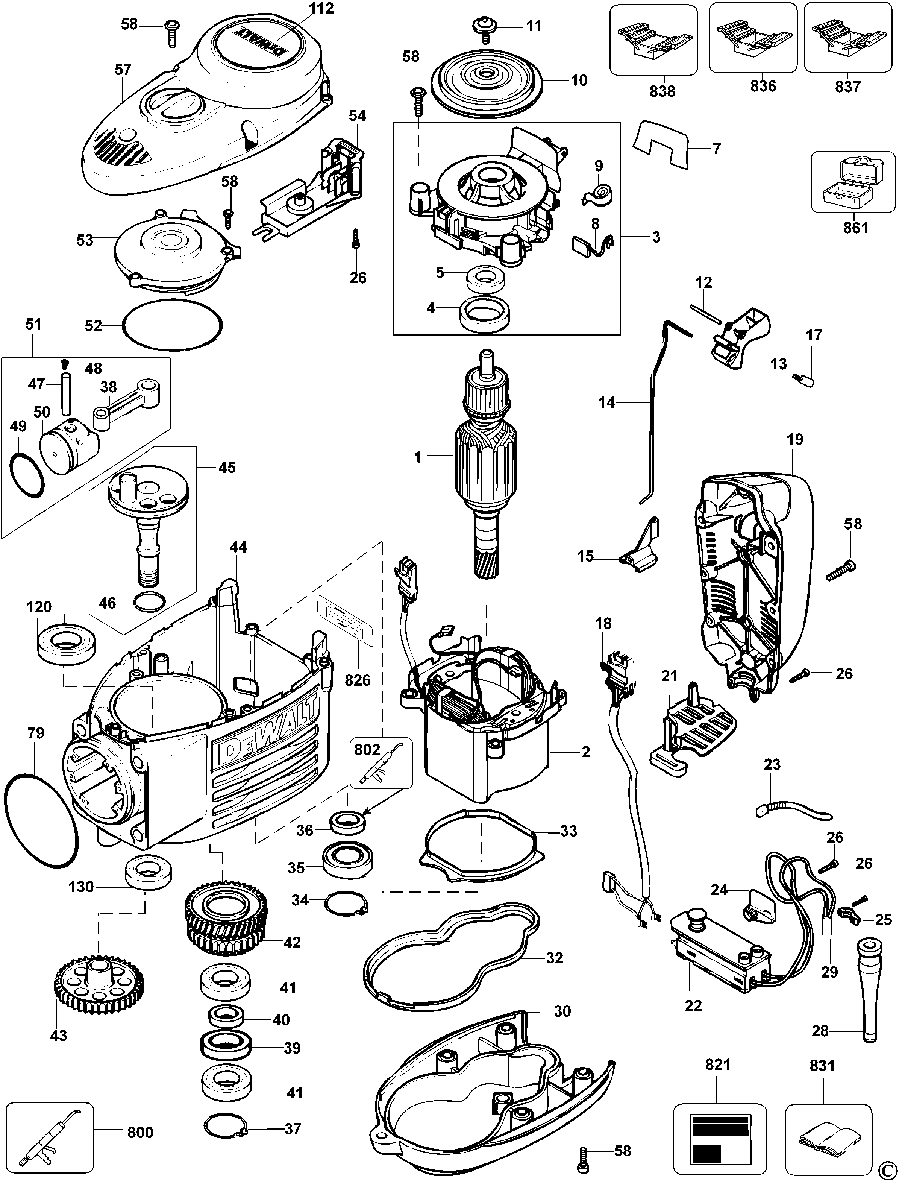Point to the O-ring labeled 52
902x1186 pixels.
click(x=172, y=325)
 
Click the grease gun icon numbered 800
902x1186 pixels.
click(x=49, y=1132)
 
